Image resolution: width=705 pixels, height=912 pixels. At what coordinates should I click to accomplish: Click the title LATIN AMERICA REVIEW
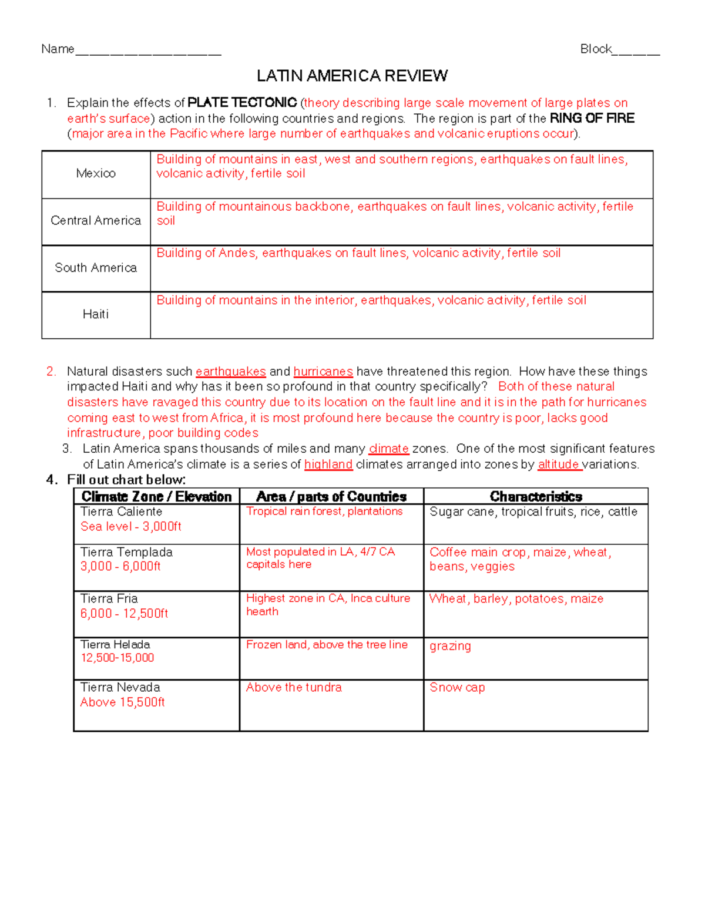(352, 76)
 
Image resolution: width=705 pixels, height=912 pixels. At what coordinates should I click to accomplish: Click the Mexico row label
(96, 173)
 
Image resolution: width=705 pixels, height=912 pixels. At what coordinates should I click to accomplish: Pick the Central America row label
(96, 220)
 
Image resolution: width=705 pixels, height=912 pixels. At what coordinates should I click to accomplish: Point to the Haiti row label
(96, 314)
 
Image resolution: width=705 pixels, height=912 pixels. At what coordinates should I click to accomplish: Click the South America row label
(96, 268)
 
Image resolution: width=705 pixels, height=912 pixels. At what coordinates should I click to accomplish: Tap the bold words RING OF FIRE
(592, 118)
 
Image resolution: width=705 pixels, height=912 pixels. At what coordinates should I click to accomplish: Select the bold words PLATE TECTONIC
(242, 103)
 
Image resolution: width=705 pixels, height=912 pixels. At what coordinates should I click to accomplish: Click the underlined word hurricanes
(323, 372)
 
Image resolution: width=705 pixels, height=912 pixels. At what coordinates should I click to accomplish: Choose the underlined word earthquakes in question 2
(230, 372)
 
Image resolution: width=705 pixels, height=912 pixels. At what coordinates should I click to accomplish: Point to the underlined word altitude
(559, 465)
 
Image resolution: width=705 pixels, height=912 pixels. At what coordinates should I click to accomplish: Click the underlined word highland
(328, 465)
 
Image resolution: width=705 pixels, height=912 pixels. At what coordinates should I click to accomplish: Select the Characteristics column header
(536, 497)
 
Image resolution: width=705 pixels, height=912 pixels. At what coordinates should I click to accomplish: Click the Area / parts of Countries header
(331, 497)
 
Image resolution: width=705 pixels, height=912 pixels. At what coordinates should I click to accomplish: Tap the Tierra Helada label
(115, 644)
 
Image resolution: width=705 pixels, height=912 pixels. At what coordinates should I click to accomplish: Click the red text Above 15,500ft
(122, 702)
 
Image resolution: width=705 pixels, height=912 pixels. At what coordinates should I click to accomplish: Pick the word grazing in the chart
(450, 646)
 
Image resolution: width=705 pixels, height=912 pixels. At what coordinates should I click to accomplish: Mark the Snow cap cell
(457, 688)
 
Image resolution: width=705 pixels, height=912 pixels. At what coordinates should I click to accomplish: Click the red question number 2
(51, 372)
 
